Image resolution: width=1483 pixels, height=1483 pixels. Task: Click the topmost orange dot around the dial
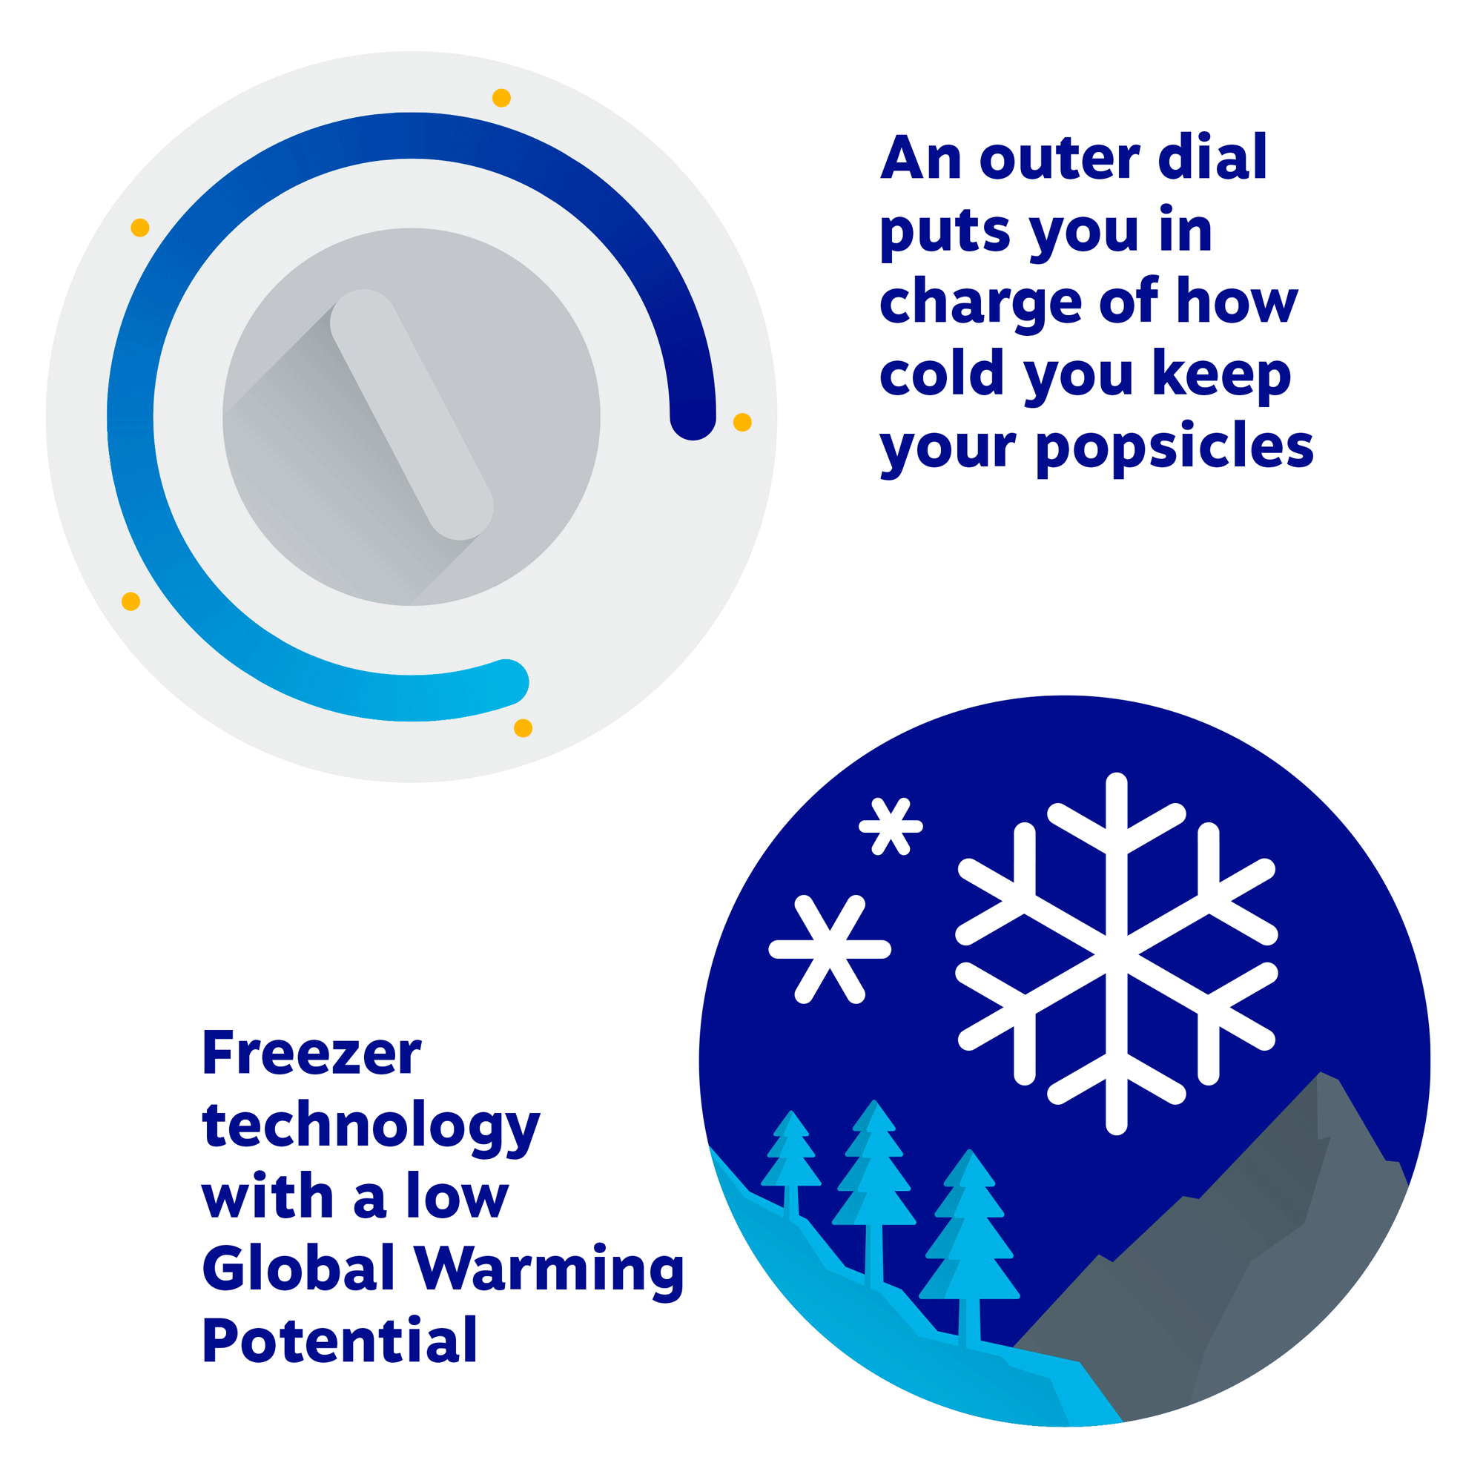(x=501, y=99)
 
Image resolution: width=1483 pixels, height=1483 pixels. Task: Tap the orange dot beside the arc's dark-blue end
(x=742, y=422)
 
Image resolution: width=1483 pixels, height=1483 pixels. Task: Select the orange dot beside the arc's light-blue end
(x=523, y=727)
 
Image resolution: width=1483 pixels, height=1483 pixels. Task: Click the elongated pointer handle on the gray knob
(x=412, y=414)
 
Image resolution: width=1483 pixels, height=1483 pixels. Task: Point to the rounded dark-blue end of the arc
(x=693, y=417)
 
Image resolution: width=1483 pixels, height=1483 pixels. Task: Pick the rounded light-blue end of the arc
(x=506, y=681)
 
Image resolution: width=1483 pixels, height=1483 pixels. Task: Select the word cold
(x=942, y=374)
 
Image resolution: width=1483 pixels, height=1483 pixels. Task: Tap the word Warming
(x=549, y=1270)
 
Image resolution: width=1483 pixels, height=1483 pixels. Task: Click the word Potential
(x=340, y=1339)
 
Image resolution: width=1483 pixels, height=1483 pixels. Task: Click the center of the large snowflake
(x=1117, y=954)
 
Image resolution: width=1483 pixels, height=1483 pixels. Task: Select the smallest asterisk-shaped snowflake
(x=891, y=827)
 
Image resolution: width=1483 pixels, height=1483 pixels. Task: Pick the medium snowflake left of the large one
(x=830, y=950)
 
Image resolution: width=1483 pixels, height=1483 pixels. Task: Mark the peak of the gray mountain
(x=1321, y=1072)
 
